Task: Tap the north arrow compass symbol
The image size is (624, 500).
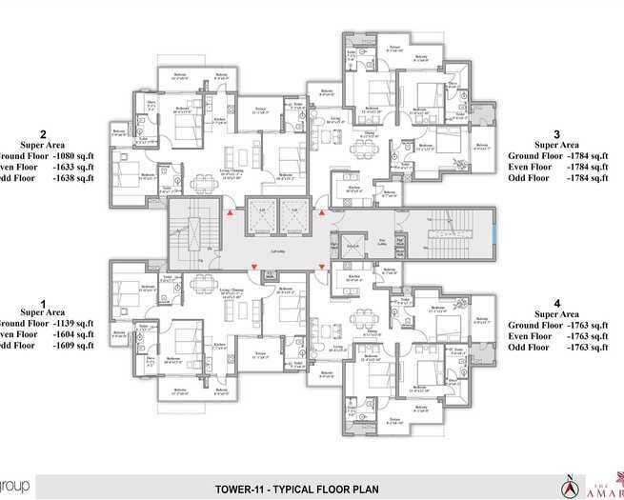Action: pos(568,485)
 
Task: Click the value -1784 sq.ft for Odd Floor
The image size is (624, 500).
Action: pos(584,176)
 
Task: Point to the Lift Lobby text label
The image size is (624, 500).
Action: pos(277,250)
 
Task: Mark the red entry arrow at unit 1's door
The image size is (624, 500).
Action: pos(254,266)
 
